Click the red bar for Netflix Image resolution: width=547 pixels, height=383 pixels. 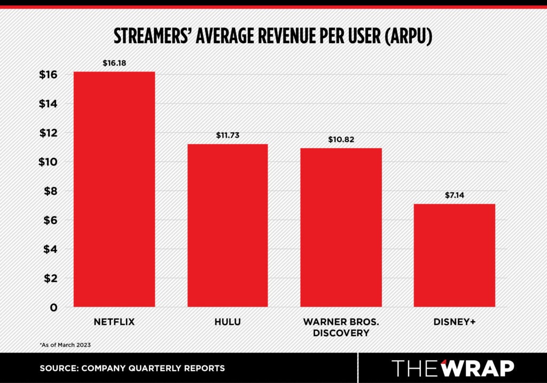(114, 189)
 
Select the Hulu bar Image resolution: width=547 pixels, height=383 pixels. (228, 225)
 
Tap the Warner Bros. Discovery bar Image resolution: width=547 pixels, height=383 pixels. (341, 227)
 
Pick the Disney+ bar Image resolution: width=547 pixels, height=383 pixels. (455, 255)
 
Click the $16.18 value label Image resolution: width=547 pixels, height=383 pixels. (114, 63)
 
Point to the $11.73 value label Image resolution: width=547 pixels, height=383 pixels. (228, 135)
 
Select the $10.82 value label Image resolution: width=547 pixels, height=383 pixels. (341, 140)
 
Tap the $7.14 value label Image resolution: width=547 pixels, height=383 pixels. (455, 195)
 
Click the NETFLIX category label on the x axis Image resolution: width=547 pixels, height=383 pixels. (114, 322)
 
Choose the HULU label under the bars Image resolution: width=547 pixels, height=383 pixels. (228, 322)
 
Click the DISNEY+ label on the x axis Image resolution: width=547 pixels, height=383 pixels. (455, 322)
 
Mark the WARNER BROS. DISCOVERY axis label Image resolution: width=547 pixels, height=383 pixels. (341, 328)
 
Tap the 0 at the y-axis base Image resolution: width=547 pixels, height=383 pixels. (54, 307)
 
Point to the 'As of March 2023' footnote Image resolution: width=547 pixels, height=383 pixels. (65, 345)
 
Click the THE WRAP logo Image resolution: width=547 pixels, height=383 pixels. (452, 368)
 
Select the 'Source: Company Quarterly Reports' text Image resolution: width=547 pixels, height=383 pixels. (132, 368)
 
